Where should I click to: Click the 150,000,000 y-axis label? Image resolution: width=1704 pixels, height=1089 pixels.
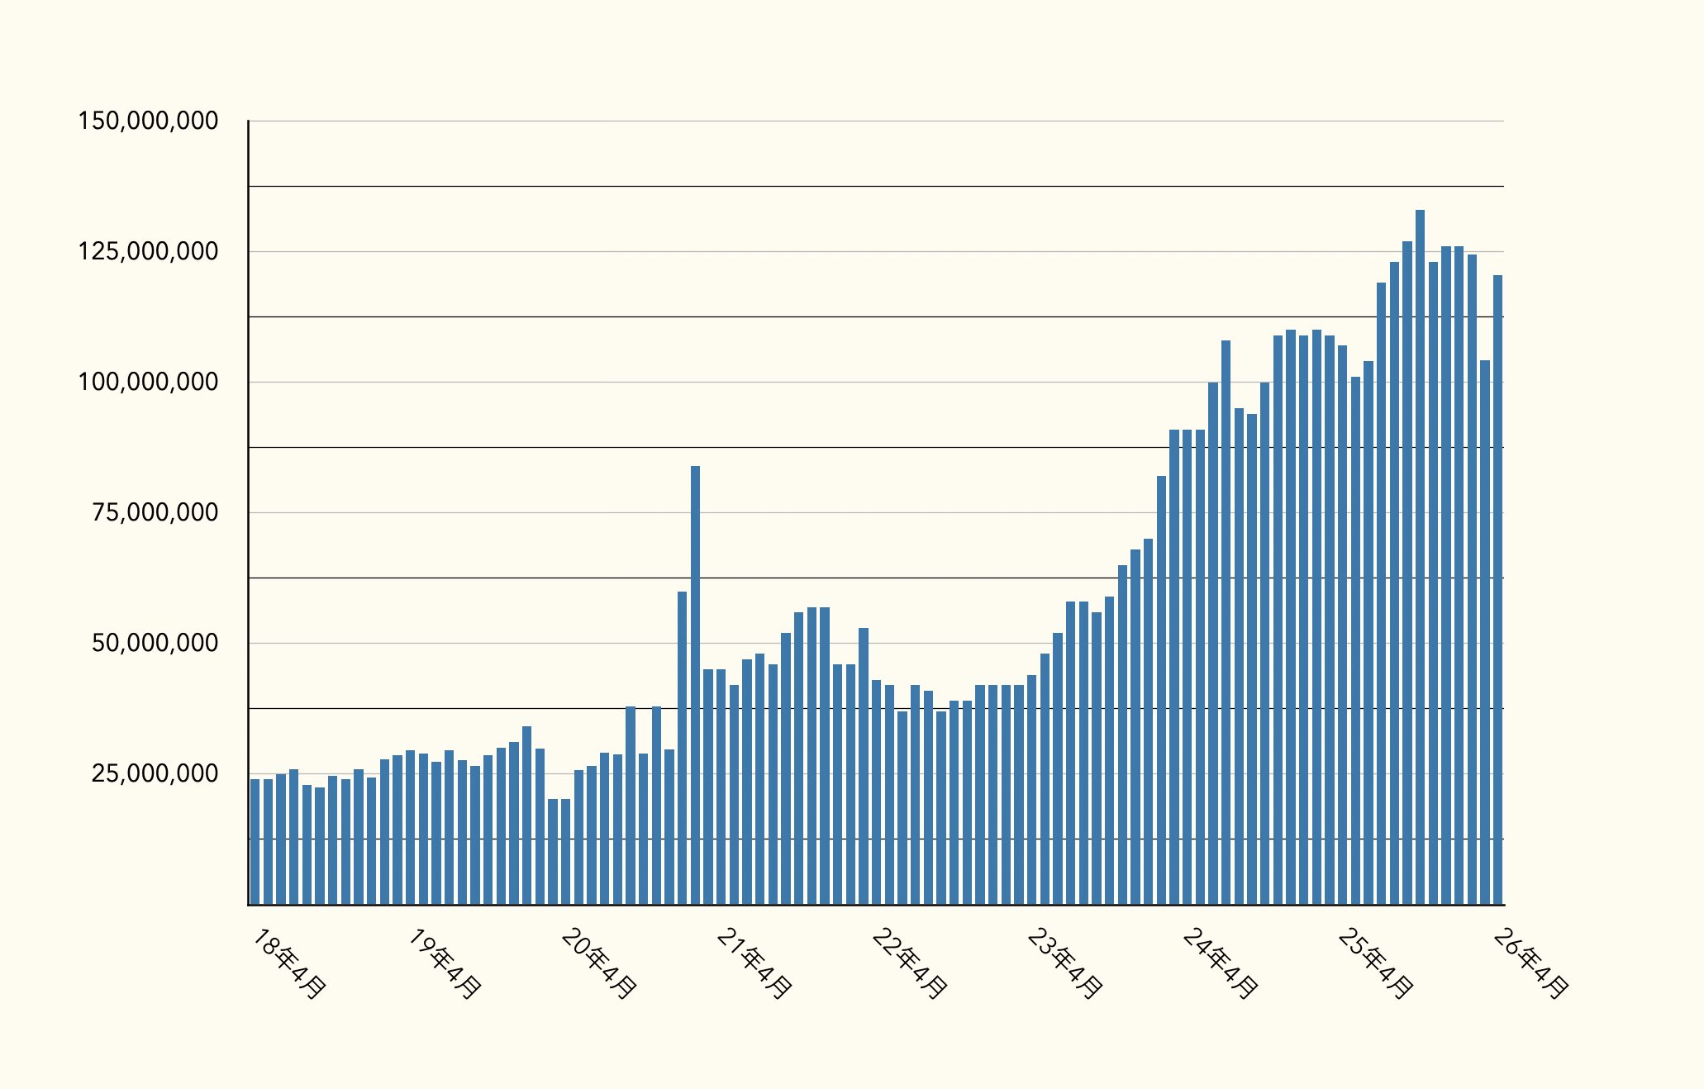(149, 121)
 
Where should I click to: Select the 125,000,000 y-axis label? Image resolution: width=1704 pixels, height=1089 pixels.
(149, 252)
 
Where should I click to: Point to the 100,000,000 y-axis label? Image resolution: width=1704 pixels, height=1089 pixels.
(149, 383)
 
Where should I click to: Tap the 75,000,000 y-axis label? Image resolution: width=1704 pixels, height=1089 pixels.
(155, 513)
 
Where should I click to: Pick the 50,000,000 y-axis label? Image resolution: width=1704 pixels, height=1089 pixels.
(155, 644)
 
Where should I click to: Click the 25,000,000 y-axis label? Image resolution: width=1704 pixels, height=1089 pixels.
(155, 774)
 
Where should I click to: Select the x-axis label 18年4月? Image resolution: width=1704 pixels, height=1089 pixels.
(288, 963)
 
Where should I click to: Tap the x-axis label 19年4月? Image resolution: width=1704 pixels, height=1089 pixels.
(444, 963)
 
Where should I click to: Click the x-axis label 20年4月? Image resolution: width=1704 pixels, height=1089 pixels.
(598, 963)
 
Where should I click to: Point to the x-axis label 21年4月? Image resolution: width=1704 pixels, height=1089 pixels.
(754, 963)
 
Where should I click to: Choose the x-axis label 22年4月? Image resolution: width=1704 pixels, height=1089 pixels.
(909, 963)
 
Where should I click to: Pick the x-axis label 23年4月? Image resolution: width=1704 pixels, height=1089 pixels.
(1064, 963)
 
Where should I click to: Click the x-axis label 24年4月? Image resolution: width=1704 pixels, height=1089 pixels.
(1220, 963)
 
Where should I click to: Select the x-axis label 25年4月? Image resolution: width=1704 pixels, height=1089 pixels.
(1375, 963)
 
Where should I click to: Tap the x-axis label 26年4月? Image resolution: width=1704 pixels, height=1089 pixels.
(1530, 963)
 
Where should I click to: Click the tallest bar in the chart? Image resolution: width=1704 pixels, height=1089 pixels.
(1420, 558)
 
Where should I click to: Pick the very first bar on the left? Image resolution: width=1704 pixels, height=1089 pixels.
(255, 842)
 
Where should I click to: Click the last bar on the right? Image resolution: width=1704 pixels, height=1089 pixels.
(1497, 590)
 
